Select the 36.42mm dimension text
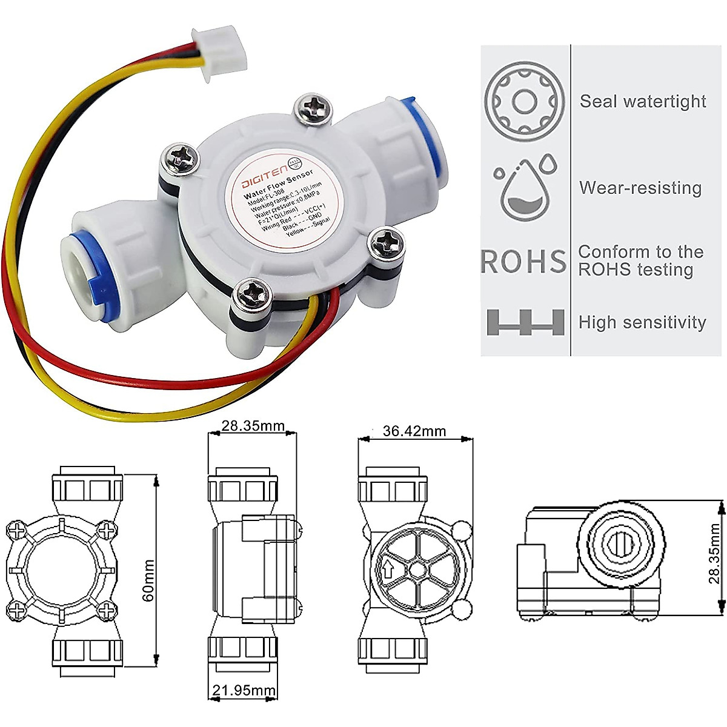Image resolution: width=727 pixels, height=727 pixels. coord(414,431)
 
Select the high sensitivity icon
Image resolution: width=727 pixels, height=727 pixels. coord(525,322)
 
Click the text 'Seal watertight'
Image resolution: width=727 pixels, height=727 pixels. coord(643,101)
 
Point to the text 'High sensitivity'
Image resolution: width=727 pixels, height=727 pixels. coord(642,322)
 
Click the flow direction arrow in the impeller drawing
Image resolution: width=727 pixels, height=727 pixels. coord(387,569)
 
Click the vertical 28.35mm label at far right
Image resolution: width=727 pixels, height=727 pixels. coord(715,553)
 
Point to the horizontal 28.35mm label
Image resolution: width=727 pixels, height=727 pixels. coord(253,426)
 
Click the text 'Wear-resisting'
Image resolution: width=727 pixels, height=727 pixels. coord(640,188)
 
